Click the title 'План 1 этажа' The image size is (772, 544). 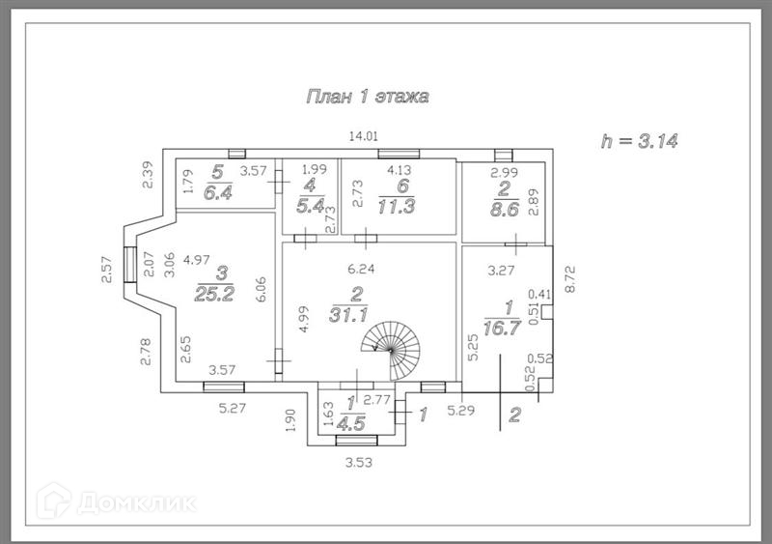pos(367,97)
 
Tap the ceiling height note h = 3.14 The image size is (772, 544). pos(640,141)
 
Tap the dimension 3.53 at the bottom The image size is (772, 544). pos(358,463)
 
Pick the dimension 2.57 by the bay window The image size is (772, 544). pos(108,268)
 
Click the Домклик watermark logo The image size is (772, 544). pos(116,502)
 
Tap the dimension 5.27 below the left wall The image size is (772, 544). pos(233,407)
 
